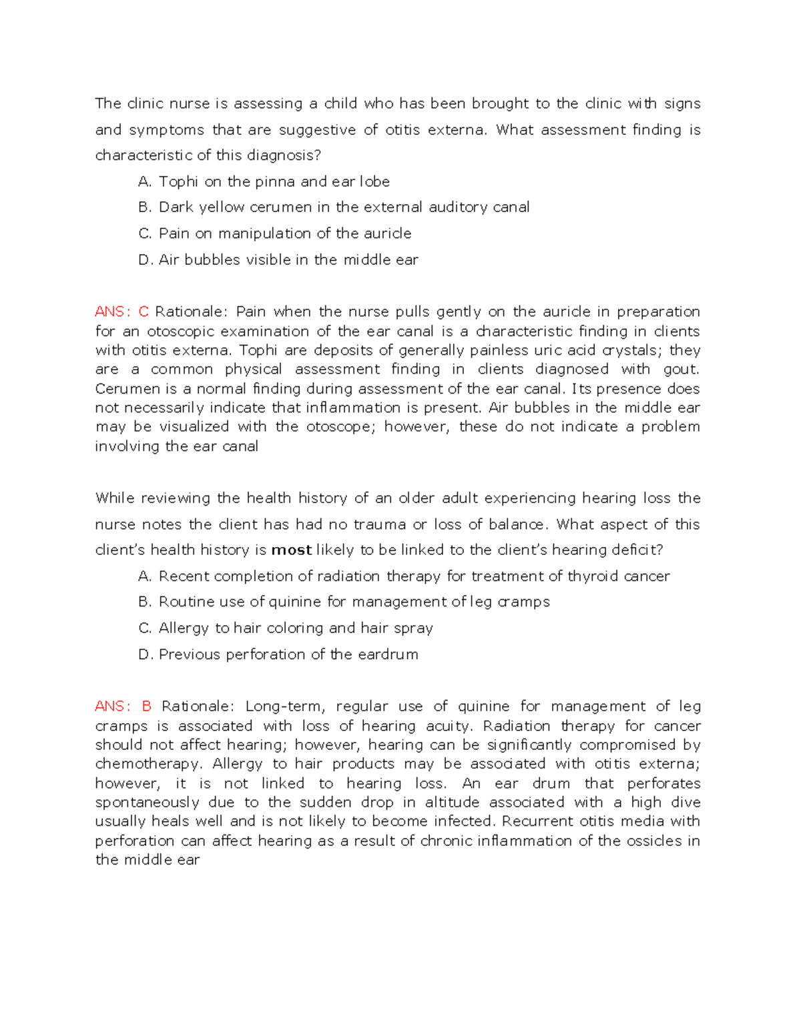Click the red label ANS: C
tap(121, 312)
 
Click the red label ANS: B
tap(123, 706)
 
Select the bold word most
tap(292, 550)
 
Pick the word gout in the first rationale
tap(680, 369)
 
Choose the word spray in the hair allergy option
tap(414, 628)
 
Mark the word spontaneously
tap(147, 803)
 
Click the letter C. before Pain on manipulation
tap(146, 233)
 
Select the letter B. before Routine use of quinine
tap(146, 602)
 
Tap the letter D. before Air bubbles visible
tap(146, 260)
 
